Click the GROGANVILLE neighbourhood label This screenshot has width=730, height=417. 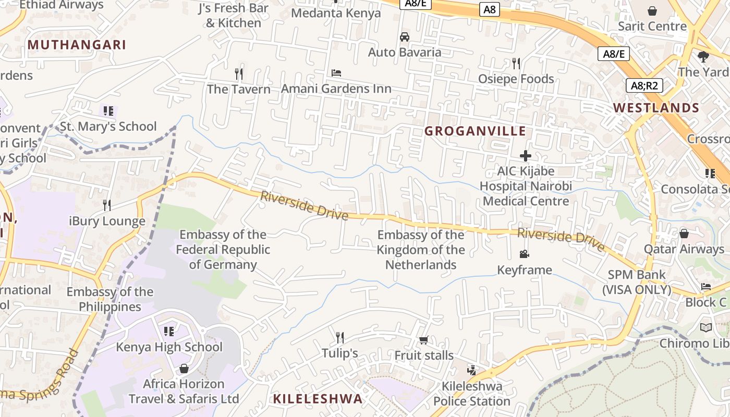[x=475, y=131]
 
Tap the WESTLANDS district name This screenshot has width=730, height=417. [x=656, y=108]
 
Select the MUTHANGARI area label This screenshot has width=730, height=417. [x=77, y=45]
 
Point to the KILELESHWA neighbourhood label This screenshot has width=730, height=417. [x=318, y=399]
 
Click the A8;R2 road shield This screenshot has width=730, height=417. [x=644, y=85]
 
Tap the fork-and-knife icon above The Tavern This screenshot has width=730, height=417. [x=239, y=73]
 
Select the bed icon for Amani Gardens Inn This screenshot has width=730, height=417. [x=336, y=73]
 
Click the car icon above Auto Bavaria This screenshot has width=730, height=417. [x=404, y=37]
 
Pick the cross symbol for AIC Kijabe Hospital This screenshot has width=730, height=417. [x=526, y=155]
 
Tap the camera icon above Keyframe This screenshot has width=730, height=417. [x=524, y=254]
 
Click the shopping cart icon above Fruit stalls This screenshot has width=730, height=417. [x=423, y=340]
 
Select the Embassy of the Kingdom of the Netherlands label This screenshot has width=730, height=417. [x=421, y=250]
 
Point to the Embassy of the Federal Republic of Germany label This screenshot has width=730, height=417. [x=223, y=250]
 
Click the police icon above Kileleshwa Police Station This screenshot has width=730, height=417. [x=472, y=371]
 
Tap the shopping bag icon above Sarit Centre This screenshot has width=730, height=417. [x=652, y=10]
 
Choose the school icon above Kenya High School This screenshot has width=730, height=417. [x=168, y=331]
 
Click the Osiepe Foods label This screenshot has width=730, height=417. [x=516, y=79]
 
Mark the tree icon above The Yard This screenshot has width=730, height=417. [x=703, y=56]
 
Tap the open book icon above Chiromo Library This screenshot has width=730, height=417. [x=705, y=327]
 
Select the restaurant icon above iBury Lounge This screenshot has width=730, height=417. [x=107, y=205]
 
